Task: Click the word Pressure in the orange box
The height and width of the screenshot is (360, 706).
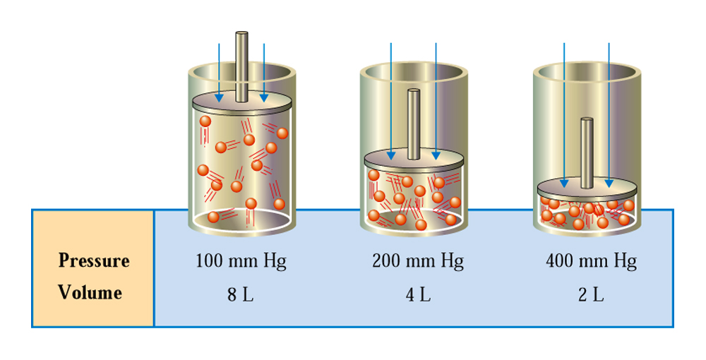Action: [94, 260]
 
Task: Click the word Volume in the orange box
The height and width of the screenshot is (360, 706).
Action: [90, 292]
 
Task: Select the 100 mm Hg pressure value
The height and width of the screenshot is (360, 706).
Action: [241, 261]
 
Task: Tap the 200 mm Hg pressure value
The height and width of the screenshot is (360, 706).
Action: [418, 261]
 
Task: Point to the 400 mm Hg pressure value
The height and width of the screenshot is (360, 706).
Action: [591, 261]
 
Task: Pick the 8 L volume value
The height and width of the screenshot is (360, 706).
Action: [241, 294]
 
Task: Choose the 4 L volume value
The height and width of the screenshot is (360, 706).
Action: [418, 294]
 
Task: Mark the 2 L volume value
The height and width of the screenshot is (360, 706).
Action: [591, 294]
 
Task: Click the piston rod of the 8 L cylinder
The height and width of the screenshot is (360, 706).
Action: [241, 66]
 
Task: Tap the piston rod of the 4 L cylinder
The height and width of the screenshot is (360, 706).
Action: [414, 124]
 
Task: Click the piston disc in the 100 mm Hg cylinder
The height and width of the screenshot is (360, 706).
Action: [241, 102]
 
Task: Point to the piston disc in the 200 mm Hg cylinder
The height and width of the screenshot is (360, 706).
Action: [414, 160]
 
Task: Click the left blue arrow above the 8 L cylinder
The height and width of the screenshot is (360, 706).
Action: [219, 73]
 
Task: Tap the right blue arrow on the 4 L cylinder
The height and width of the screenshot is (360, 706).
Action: [436, 101]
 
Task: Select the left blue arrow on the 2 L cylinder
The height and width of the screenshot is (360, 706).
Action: [564, 115]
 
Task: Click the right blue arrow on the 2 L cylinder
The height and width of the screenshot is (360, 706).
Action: [609, 115]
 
